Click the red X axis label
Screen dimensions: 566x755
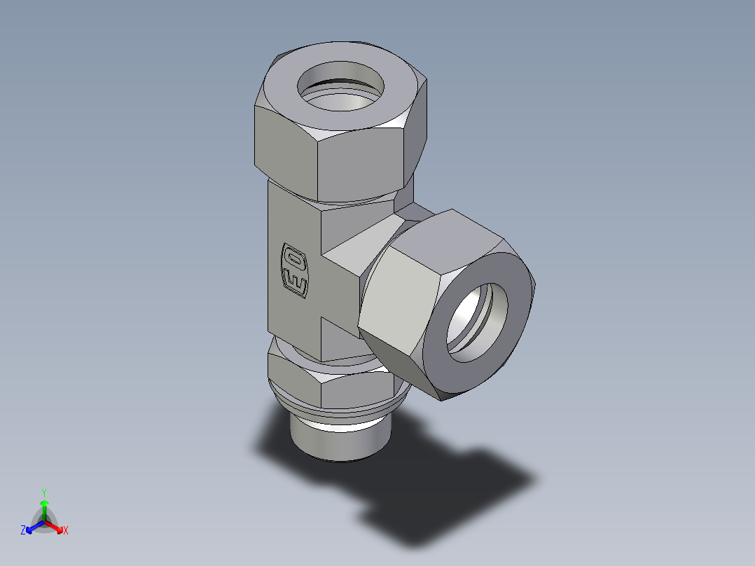(65, 531)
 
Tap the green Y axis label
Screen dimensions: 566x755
(43, 492)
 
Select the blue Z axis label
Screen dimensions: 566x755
(23, 531)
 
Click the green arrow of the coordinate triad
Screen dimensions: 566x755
(43, 507)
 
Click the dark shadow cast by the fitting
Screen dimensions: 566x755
(448, 490)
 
